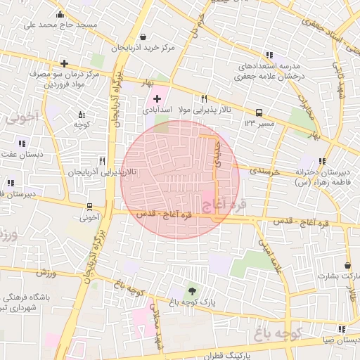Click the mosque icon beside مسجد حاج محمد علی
click(60, 15)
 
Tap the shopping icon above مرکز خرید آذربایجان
click(143, 37)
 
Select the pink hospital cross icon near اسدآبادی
click(157, 99)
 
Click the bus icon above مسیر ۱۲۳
click(259, 112)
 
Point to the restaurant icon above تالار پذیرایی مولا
click(204, 99)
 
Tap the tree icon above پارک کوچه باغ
click(191, 291)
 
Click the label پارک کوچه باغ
click(191, 302)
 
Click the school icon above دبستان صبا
click(342, 328)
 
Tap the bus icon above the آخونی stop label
click(89, 207)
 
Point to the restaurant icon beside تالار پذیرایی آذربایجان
click(103, 161)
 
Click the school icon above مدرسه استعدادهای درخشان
click(270, 55)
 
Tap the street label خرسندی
click(264, 172)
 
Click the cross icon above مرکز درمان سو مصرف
click(64, 63)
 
